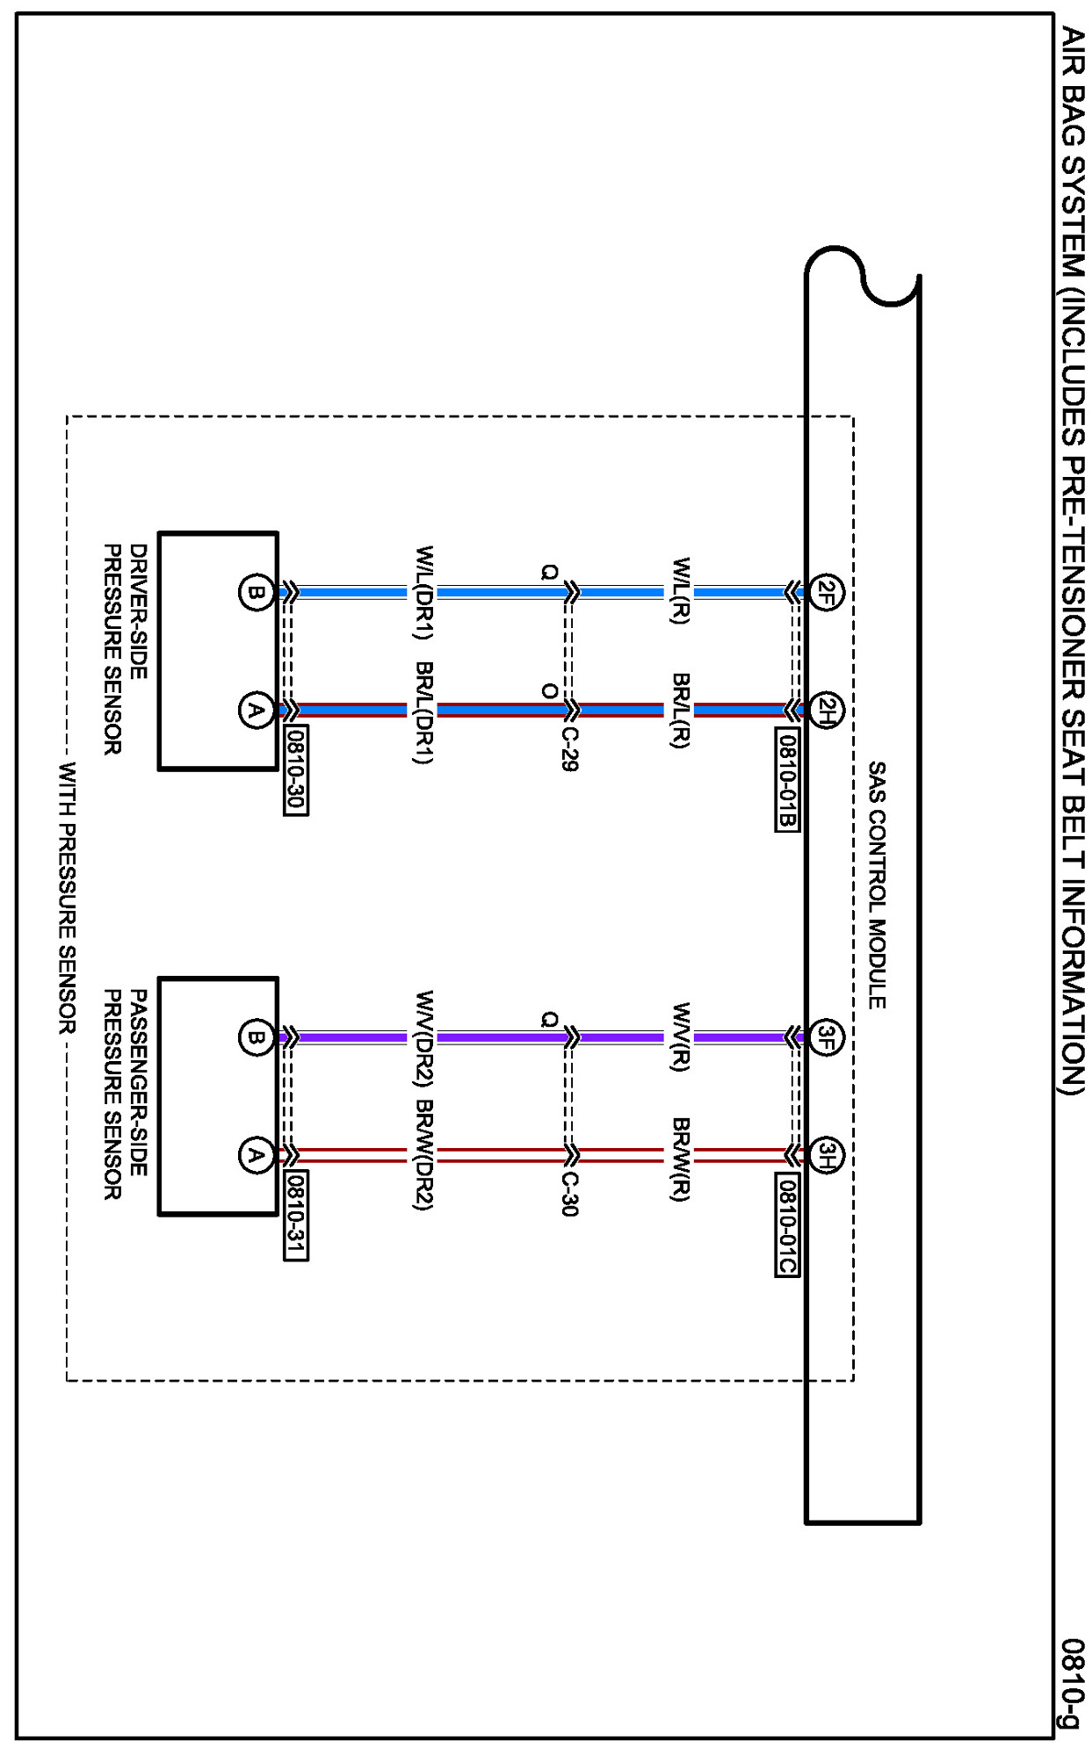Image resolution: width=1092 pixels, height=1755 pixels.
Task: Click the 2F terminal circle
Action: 825,593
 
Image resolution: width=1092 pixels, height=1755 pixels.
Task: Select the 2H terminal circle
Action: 825,710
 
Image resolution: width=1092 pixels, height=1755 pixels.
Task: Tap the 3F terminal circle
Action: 825,1038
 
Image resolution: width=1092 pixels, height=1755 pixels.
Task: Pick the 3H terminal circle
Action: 825,1154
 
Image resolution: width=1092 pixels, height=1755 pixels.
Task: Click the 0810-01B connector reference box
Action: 788,778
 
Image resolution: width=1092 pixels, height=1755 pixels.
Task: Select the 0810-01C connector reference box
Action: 788,1224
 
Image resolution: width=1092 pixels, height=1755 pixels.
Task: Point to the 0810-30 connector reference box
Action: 296,771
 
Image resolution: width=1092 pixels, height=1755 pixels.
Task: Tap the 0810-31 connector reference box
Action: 296,1217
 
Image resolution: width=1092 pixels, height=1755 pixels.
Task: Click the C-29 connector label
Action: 569,748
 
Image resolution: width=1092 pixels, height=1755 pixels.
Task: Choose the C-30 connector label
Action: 569,1194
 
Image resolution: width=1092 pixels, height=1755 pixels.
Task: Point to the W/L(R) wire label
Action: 680,590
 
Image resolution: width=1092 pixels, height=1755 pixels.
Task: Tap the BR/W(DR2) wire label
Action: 423,1154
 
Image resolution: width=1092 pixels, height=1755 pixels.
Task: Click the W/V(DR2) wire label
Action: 423,1038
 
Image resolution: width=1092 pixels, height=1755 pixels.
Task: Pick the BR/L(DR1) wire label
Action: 423,712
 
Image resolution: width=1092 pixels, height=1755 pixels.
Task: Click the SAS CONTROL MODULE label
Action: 877,885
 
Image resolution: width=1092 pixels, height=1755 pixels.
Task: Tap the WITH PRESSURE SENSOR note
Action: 67,898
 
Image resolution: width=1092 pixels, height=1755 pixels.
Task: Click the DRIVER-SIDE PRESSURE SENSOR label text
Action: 125,649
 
